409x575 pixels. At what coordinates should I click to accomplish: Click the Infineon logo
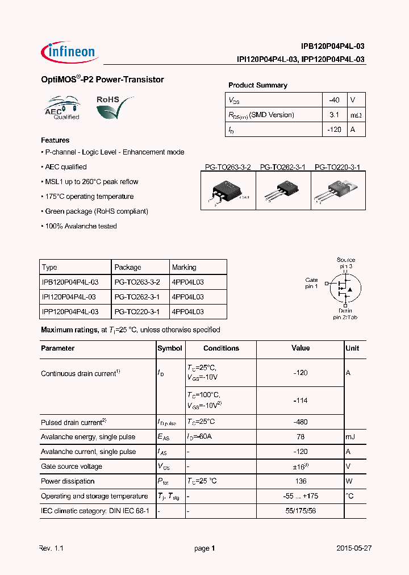(69, 52)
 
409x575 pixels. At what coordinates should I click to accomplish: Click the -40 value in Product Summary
(334, 100)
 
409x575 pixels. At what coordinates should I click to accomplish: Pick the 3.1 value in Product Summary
(334, 115)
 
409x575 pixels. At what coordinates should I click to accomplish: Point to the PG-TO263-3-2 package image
(228, 191)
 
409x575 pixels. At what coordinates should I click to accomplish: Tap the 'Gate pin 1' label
(311, 283)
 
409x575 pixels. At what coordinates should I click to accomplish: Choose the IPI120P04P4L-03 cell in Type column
(69, 297)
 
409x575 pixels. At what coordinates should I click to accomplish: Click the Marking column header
(184, 267)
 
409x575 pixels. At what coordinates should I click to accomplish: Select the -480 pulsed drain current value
(300, 422)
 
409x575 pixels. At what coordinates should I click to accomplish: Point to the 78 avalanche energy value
(301, 437)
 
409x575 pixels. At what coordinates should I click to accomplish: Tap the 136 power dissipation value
(301, 481)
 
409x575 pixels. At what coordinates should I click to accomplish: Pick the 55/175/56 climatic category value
(301, 511)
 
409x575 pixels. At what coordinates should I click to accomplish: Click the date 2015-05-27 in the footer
(353, 549)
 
